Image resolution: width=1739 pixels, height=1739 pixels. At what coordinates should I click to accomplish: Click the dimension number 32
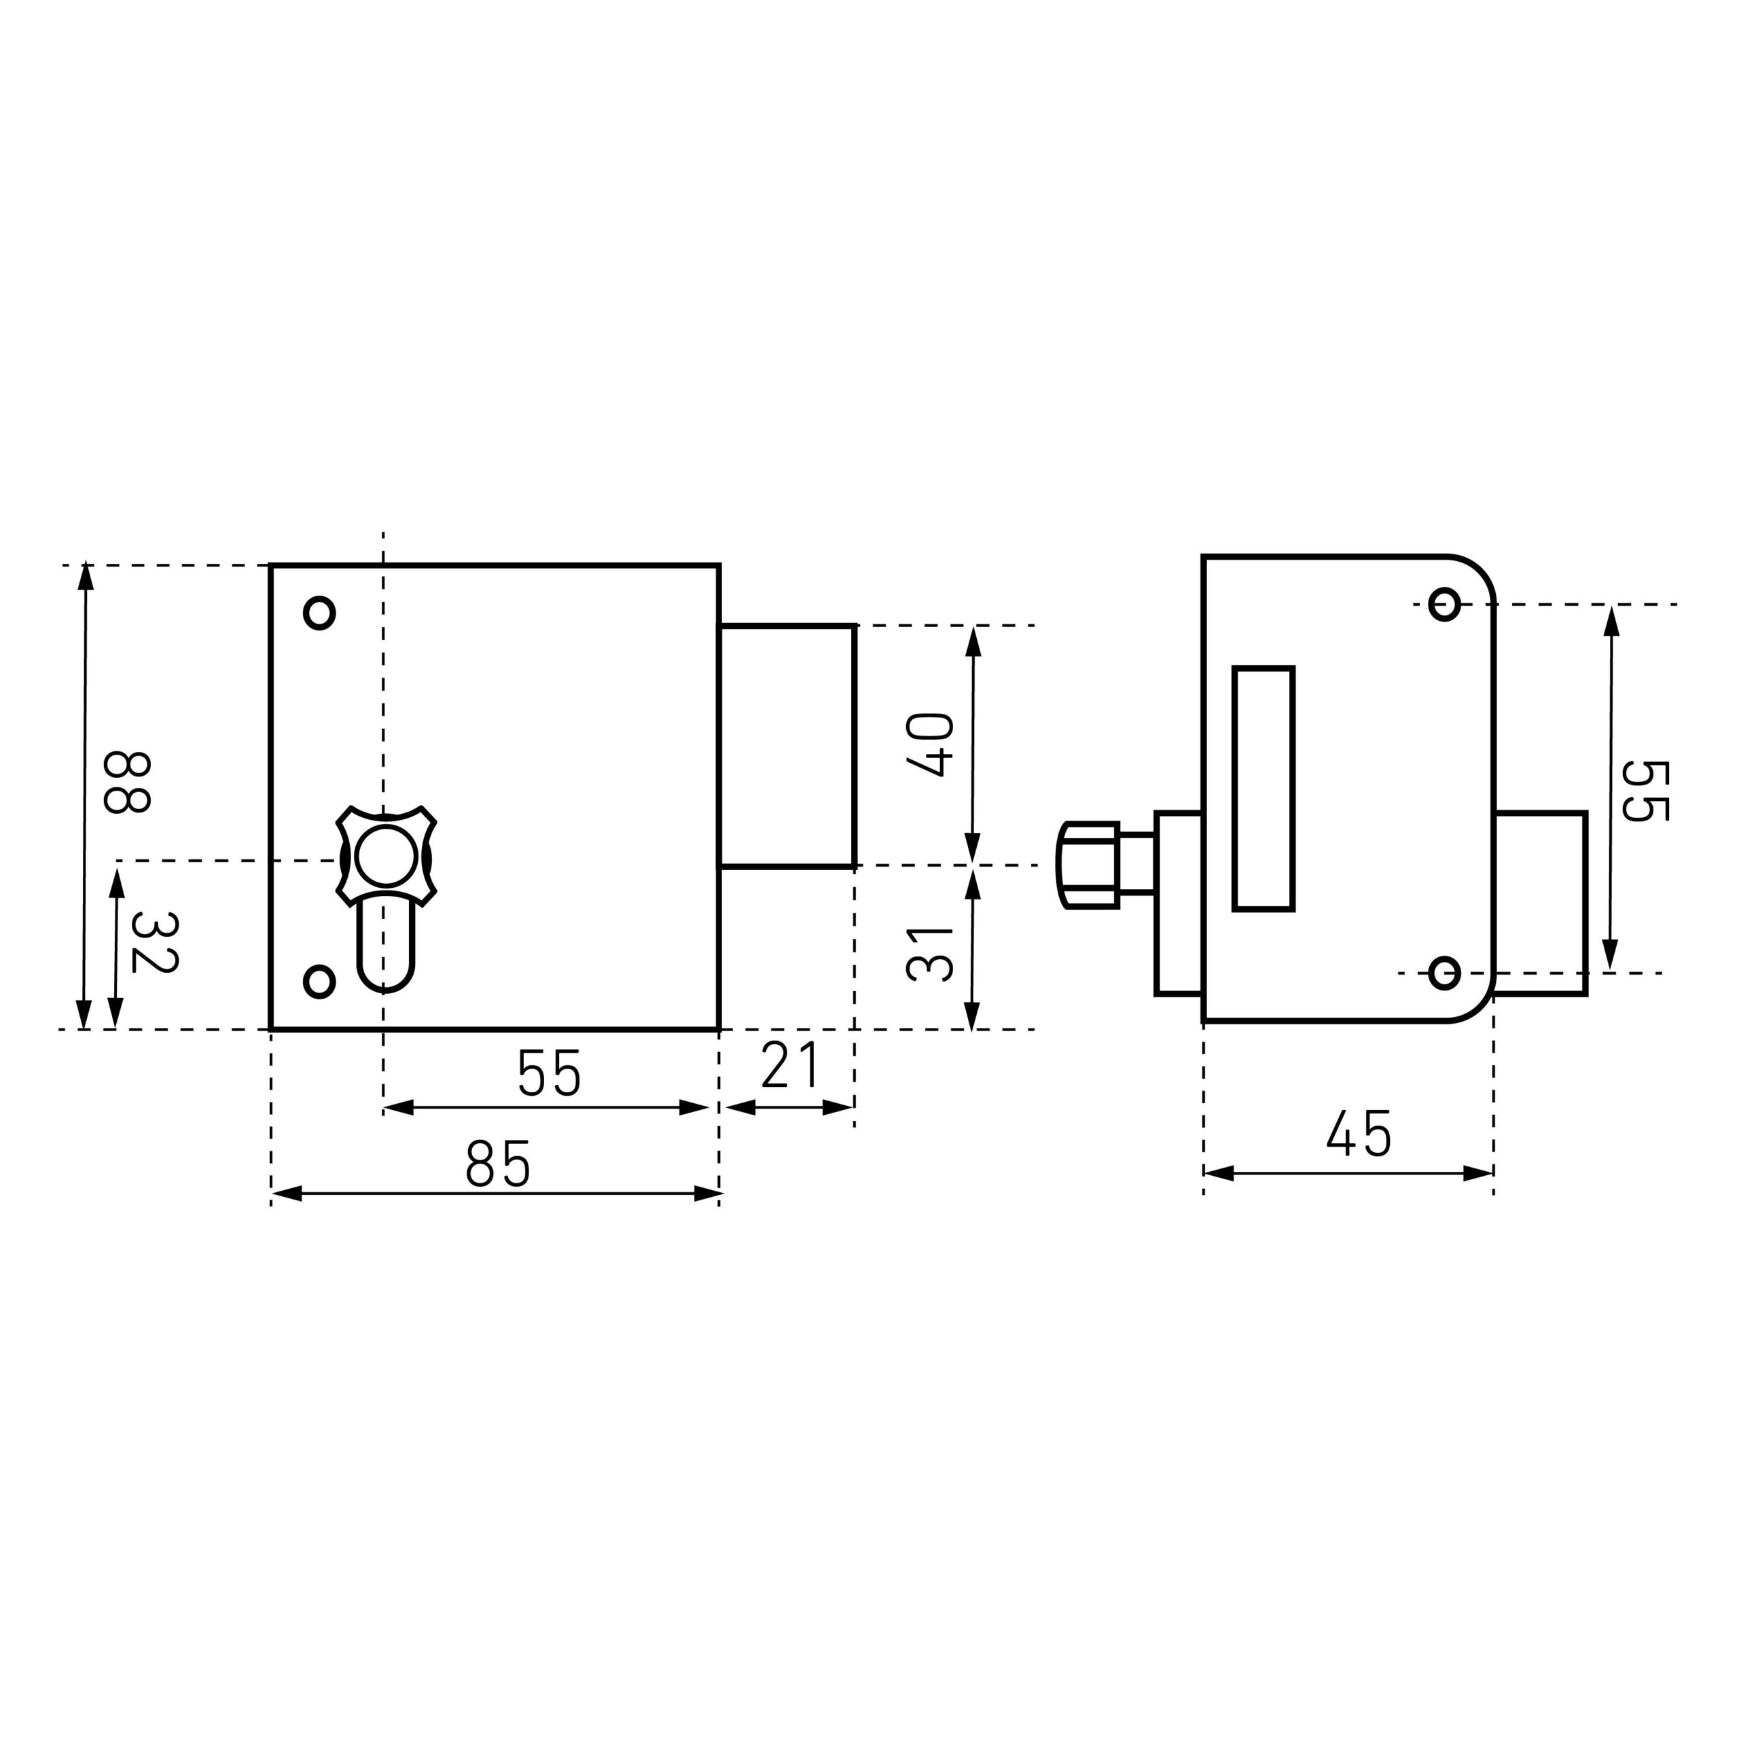click(154, 942)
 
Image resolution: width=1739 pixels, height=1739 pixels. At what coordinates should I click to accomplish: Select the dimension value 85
click(498, 1164)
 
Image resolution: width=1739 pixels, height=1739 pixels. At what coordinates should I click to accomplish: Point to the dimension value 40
click(930, 745)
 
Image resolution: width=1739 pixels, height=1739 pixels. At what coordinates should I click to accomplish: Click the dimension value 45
click(1359, 1133)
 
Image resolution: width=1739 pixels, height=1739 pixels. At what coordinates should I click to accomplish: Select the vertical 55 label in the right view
click(1645, 791)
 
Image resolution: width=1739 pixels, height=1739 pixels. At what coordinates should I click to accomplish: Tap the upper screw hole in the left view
click(319, 613)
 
